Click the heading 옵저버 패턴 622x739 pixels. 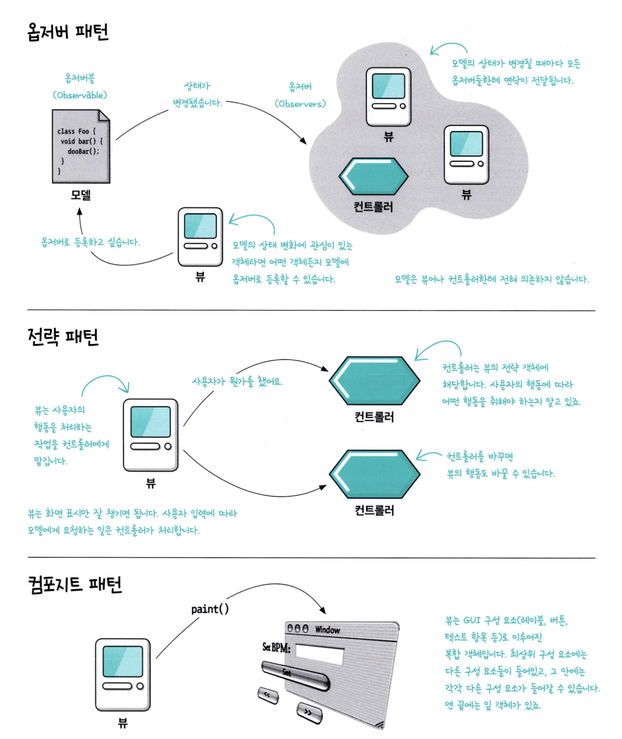pos(68,32)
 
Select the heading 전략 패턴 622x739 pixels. pos(63,337)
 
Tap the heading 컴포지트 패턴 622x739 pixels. pos(75,584)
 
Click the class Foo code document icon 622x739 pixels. pos(81,146)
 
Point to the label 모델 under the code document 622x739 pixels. pos(81,195)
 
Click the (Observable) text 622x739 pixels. pos(80,95)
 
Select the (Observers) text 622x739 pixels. pos(300,104)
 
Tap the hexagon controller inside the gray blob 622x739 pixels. pos(374,176)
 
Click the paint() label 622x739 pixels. pos(210,609)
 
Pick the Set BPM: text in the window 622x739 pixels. pos(276,648)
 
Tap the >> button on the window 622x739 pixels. pos(309,713)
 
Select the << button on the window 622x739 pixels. pos(268,695)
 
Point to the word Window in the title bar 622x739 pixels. pos(328,630)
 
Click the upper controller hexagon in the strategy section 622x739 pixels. pos(374,380)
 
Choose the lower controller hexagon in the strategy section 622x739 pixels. pos(374,474)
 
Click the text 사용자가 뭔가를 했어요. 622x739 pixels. pos(237,382)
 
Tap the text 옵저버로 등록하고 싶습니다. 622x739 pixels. pos(90,242)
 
